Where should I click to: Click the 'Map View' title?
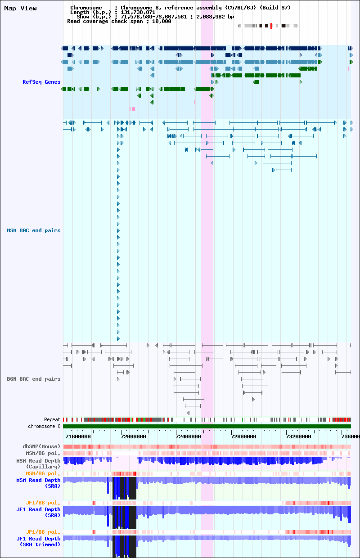20,8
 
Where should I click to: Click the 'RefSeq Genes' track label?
41,82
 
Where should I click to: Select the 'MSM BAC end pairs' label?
34,230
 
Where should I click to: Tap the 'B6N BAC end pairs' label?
34,379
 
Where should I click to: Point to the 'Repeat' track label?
52,419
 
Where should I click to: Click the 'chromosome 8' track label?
44,426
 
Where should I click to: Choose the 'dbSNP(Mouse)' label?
41,446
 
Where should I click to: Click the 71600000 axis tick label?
78,436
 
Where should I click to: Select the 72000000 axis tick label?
133,436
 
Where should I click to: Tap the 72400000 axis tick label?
189,436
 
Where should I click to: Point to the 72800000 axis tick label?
243,436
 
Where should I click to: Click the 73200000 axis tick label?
299,436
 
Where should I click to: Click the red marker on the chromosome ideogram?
271,26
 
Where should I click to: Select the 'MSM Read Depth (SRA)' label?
38,483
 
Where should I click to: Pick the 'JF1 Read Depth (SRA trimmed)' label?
38,541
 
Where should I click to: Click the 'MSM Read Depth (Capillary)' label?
38,463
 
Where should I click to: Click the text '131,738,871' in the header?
138,12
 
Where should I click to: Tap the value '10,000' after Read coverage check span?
162,22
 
